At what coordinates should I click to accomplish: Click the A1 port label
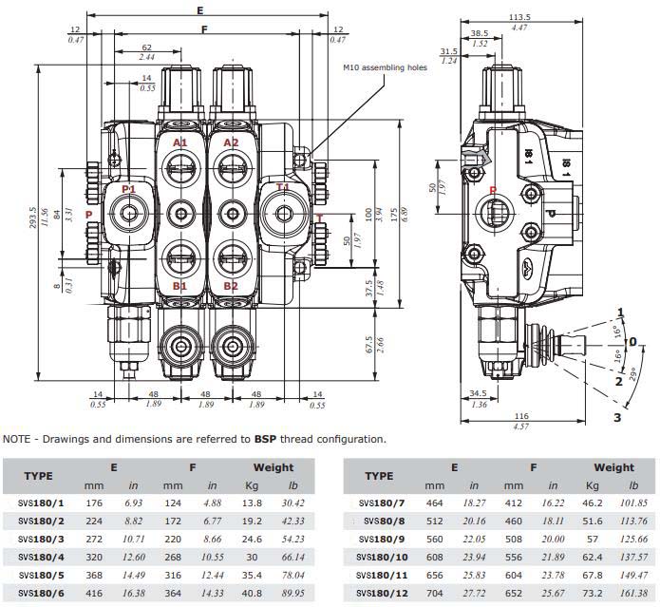179,142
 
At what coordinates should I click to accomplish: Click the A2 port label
231,142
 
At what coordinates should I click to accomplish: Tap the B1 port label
179,285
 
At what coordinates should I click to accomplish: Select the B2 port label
231,285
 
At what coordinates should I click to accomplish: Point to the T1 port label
283,187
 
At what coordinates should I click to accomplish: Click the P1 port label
128,189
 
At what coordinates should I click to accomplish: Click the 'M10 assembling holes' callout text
386,68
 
